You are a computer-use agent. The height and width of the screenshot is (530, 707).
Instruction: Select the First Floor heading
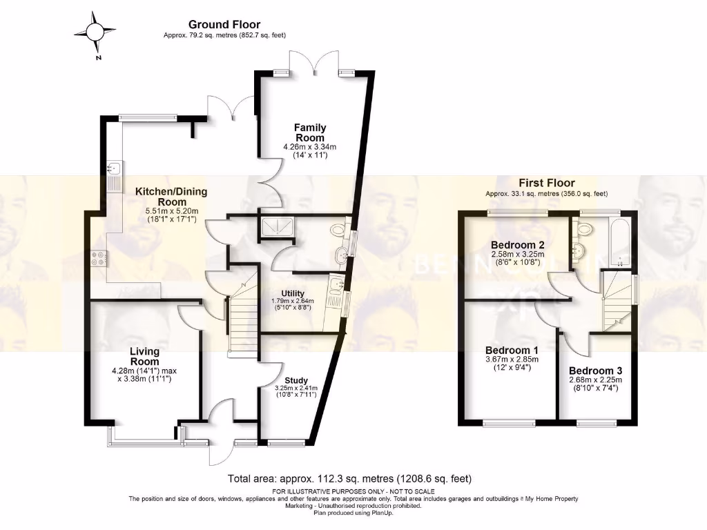click(546, 183)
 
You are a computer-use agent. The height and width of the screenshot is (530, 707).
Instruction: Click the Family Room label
click(310, 132)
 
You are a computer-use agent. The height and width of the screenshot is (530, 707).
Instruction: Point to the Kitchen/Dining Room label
click(171, 196)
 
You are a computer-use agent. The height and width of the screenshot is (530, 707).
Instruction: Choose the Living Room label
click(145, 356)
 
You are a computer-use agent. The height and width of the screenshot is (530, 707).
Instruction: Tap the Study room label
click(296, 380)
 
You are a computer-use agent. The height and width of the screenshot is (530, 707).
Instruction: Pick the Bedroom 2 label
click(518, 245)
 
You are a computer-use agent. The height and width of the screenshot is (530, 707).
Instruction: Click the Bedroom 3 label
click(595, 370)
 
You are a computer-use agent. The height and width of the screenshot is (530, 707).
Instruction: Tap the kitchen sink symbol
click(114, 168)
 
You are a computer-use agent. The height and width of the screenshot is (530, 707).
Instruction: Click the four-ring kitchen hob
click(99, 258)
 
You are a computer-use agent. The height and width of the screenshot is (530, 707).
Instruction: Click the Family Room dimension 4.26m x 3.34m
click(310, 147)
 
